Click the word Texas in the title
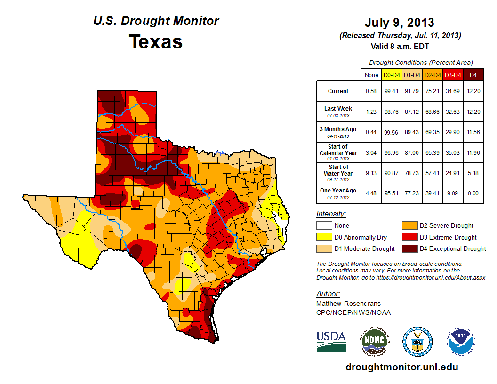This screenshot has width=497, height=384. click(156, 42)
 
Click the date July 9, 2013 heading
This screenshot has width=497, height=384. click(399, 23)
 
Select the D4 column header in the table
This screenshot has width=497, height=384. click(473, 74)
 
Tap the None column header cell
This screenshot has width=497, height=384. click(371, 74)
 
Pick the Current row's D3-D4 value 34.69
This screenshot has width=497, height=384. click(453, 91)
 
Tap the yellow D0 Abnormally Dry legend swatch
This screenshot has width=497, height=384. click(324, 237)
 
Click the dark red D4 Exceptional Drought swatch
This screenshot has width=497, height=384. click(409, 248)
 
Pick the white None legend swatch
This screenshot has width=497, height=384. click(324, 226)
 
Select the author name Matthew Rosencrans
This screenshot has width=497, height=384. click(348, 304)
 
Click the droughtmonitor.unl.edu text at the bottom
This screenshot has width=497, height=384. click(401, 367)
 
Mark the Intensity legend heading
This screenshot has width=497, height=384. click(331, 214)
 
